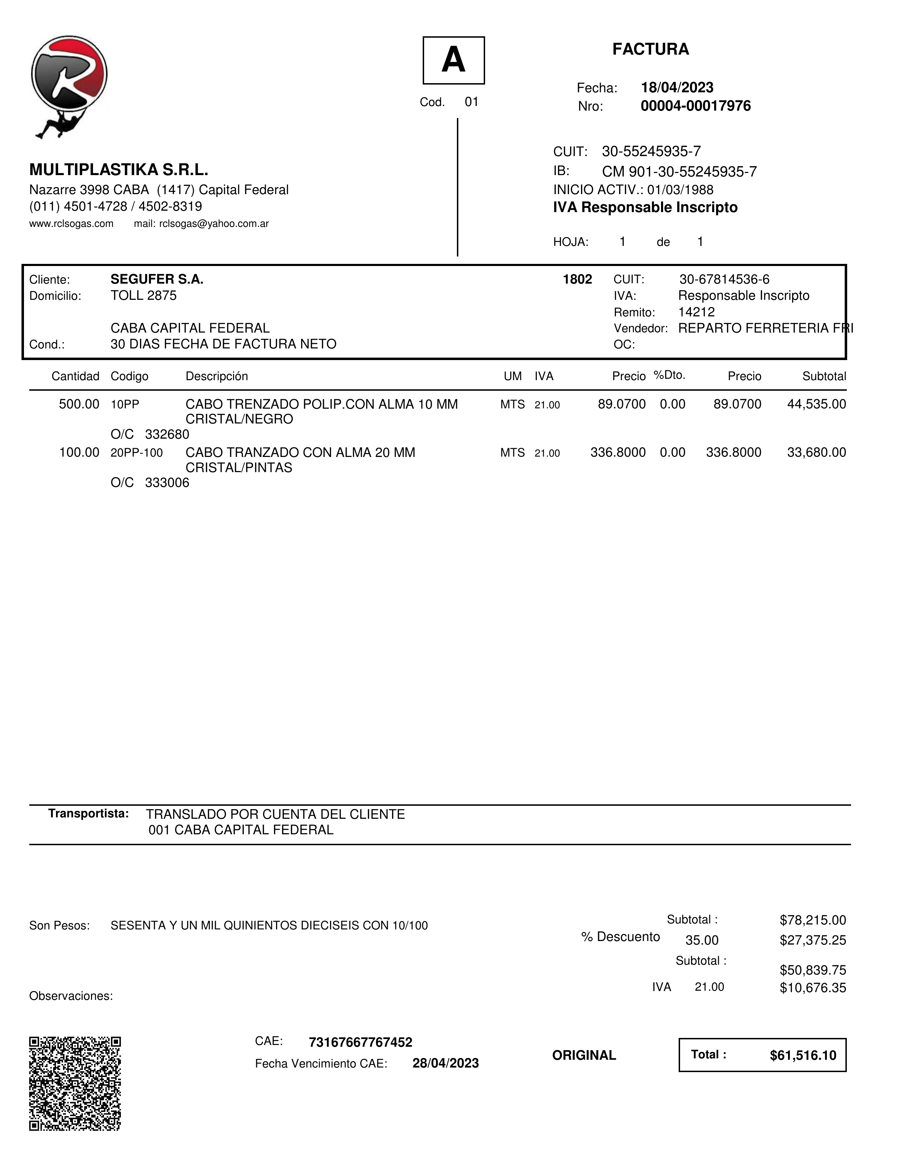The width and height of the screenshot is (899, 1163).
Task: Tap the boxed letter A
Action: [453, 60]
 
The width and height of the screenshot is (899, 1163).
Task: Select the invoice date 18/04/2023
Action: [677, 87]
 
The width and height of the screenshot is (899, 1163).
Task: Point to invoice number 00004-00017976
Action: [696, 106]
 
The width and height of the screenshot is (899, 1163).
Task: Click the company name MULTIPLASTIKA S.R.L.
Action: [118, 170]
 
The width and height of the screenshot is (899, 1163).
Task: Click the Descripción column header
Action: [216, 377]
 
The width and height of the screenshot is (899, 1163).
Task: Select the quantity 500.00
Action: [79, 404]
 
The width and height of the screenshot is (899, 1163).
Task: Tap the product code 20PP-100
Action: [136, 453]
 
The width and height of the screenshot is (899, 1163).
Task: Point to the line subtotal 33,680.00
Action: [817, 453]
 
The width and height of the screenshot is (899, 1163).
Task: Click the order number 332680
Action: [167, 434]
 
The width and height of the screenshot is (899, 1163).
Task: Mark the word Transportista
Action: [88, 814]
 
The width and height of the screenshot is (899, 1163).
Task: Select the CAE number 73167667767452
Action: [360, 1042]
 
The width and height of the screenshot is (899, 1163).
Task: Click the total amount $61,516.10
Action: [802, 1056]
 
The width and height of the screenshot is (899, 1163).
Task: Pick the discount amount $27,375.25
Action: [813, 940]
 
